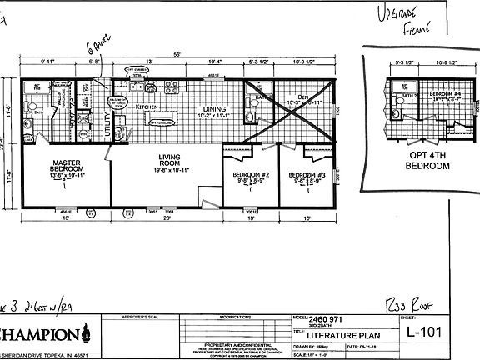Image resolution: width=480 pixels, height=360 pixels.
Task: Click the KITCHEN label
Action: click(147, 107)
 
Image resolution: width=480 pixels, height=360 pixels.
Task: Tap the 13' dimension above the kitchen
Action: click(149, 62)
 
